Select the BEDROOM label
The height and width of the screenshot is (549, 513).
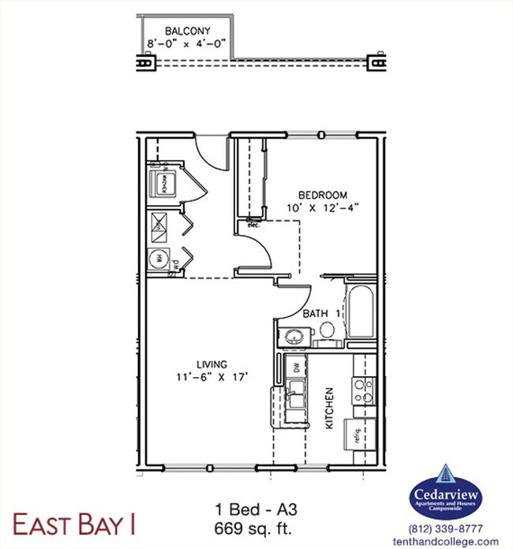pyautogui.click(x=323, y=195)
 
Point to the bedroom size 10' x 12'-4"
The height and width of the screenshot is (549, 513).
pyautogui.click(x=323, y=209)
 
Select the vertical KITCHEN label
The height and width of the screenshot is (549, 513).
pyautogui.click(x=330, y=409)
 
